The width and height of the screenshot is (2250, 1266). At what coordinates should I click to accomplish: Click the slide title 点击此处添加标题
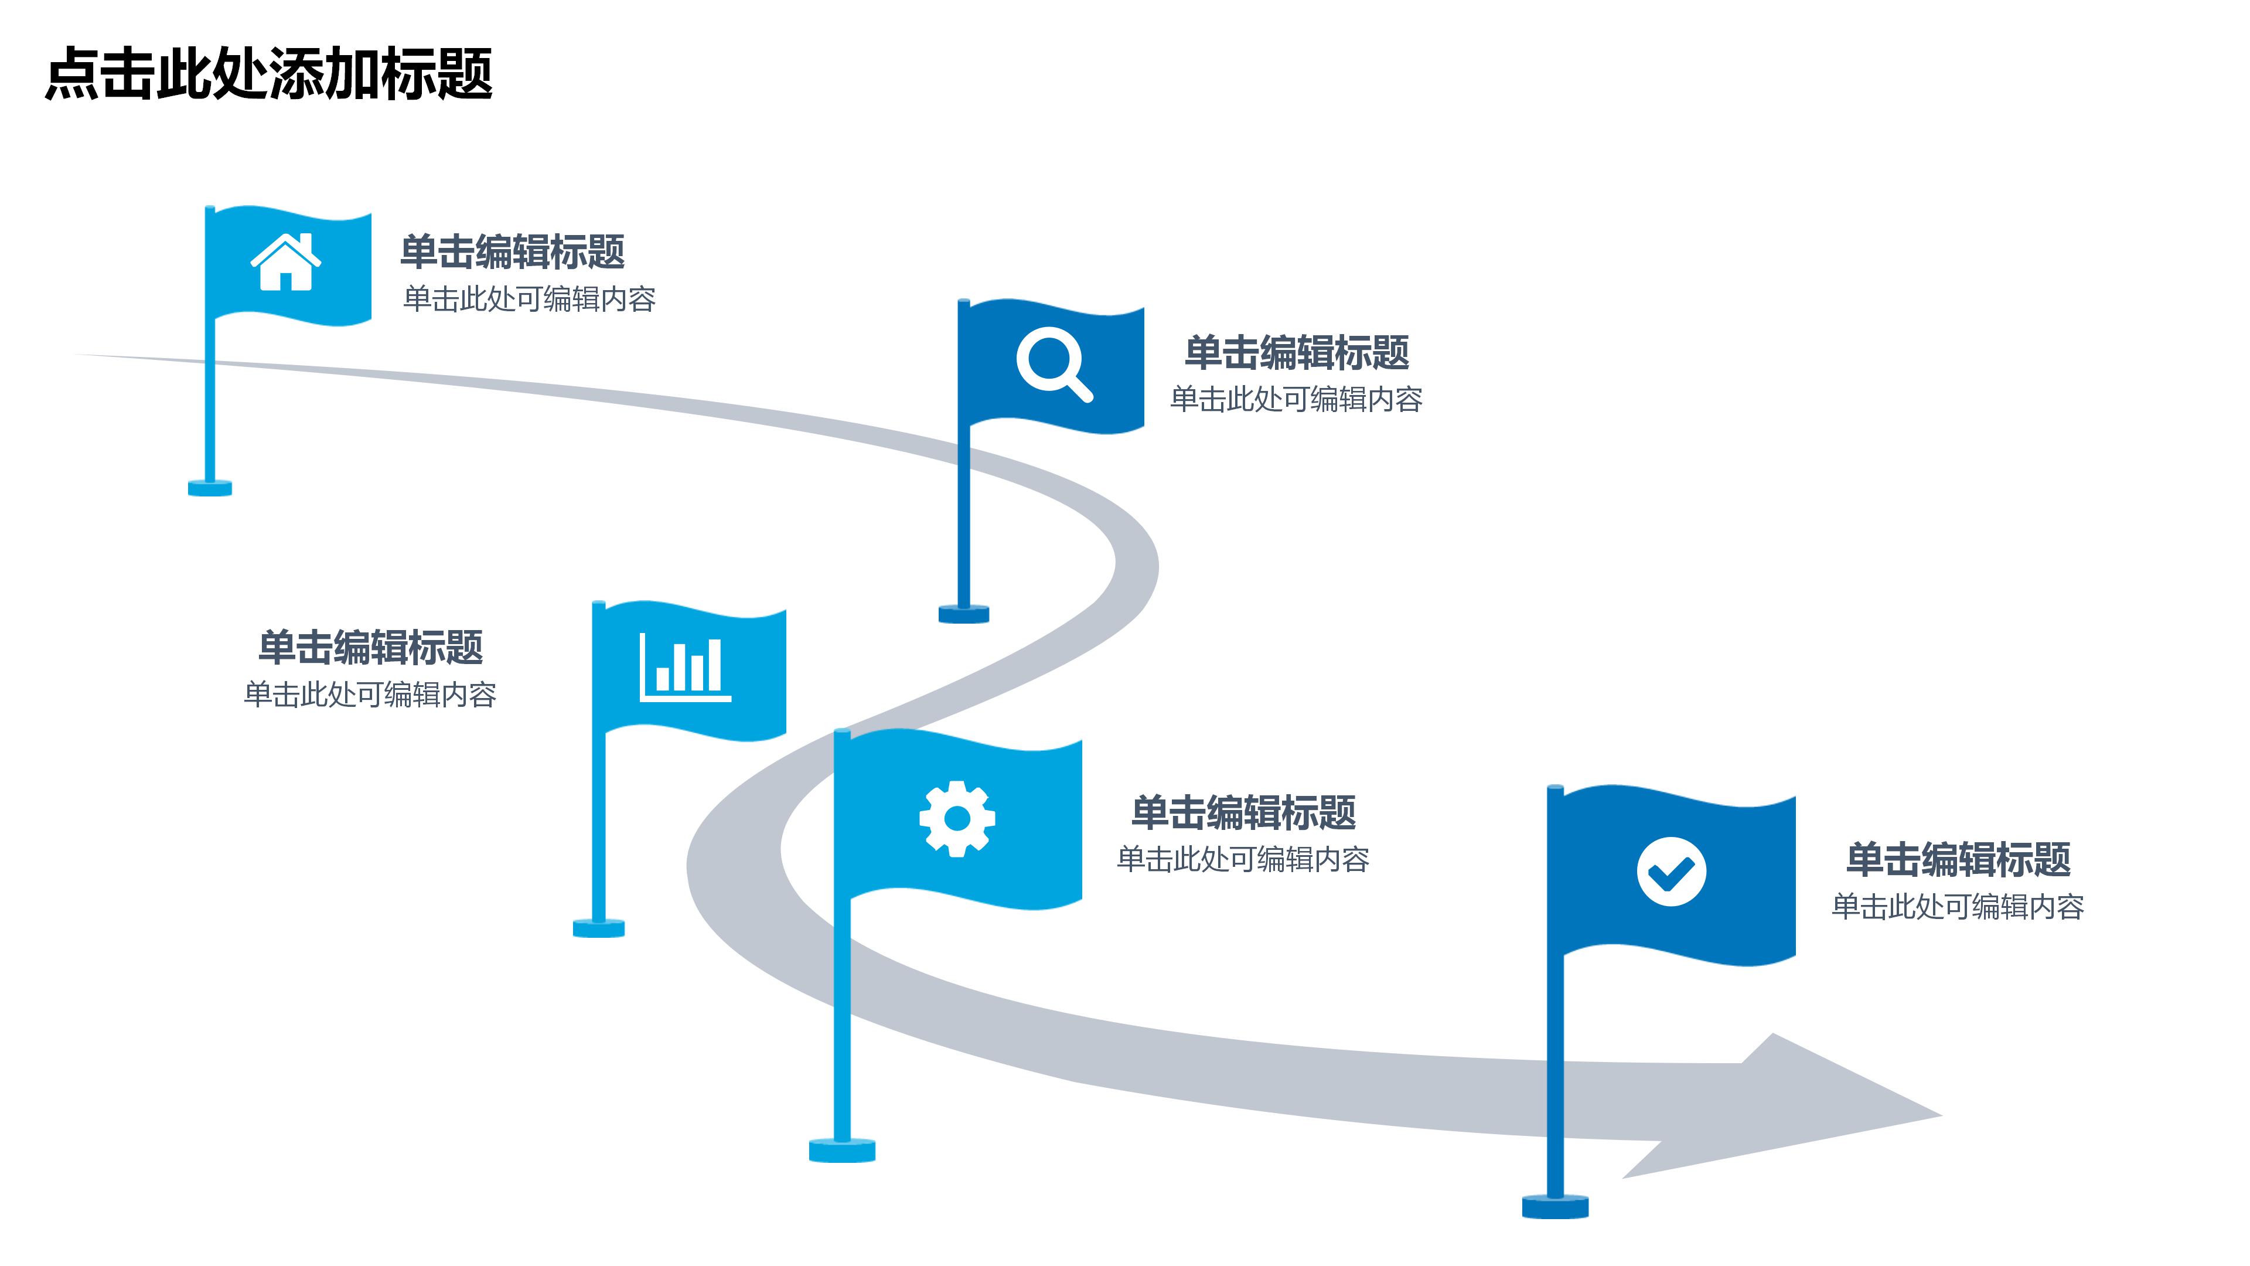point(269,74)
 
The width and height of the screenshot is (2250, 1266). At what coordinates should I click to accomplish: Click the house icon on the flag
point(285,262)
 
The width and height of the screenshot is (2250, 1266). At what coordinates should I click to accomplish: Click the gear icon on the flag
point(956,819)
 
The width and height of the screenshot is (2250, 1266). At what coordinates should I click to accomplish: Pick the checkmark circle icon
point(1670,872)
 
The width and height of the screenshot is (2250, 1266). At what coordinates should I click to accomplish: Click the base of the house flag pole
point(210,488)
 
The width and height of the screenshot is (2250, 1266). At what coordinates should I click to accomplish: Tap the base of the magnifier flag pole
point(963,614)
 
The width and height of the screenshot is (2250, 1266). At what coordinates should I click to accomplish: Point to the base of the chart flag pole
point(598,928)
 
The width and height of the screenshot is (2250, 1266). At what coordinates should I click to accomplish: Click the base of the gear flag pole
point(841,1151)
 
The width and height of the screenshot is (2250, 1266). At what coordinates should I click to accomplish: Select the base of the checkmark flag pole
point(1554,1207)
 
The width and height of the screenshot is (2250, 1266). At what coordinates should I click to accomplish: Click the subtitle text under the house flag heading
point(529,300)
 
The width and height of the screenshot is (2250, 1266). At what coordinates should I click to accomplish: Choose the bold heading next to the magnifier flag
point(1296,353)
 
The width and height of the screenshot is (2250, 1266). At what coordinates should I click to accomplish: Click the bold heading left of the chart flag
point(370,648)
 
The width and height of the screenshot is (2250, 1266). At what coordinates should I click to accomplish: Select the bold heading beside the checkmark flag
point(1958,860)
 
